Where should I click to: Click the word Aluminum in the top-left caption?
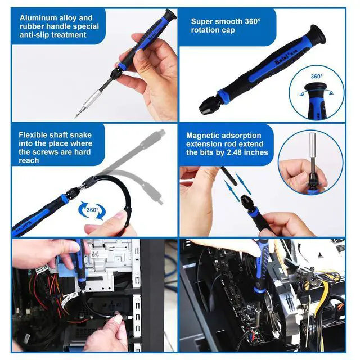coord(38,17)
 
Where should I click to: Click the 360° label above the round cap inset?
coord(316,76)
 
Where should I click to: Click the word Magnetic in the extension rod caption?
coord(205,136)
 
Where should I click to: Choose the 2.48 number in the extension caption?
coord(230,152)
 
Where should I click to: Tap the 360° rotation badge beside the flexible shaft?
coord(92,211)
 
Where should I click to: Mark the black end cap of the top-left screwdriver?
coord(168,15)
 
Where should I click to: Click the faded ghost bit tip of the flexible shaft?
coord(161,199)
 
